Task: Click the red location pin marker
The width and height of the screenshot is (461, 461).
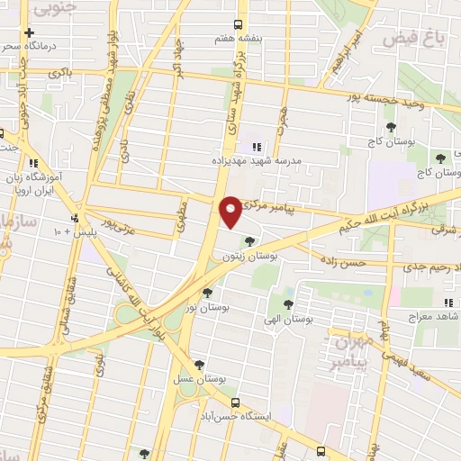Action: tap(231, 212)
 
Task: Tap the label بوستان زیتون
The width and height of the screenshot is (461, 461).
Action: tap(249, 257)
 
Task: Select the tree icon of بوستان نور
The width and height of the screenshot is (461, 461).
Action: tap(208, 292)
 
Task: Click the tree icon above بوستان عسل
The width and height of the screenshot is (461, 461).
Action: tap(199, 365)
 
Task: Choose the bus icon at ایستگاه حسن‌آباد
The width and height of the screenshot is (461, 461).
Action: tap(236, 402)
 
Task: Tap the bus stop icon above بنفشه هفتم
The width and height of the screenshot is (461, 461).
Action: tap(238, 24)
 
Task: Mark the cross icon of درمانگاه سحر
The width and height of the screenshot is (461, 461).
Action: tap(30, 32)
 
